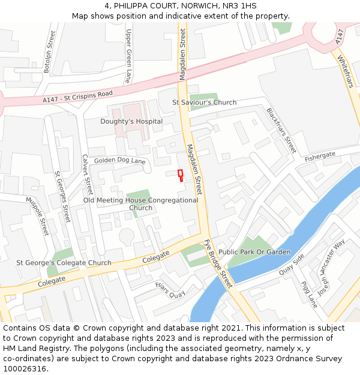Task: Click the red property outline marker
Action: tap(180, 174)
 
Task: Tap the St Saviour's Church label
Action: tap(204, 103)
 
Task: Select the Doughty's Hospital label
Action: tap(131, 121)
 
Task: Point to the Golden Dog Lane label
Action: tap(120, 161)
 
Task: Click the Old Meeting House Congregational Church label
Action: tap(140, 204)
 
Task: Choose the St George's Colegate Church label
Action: tap(64, 263)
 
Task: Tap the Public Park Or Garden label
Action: tap(254, 252)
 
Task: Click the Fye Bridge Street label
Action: tap(218, 264)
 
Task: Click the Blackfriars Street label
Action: tap(281, 130)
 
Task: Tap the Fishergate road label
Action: tap(320, 156)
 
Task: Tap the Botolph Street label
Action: tap(50, 52)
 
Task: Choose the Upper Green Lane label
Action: tap(128, 57)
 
